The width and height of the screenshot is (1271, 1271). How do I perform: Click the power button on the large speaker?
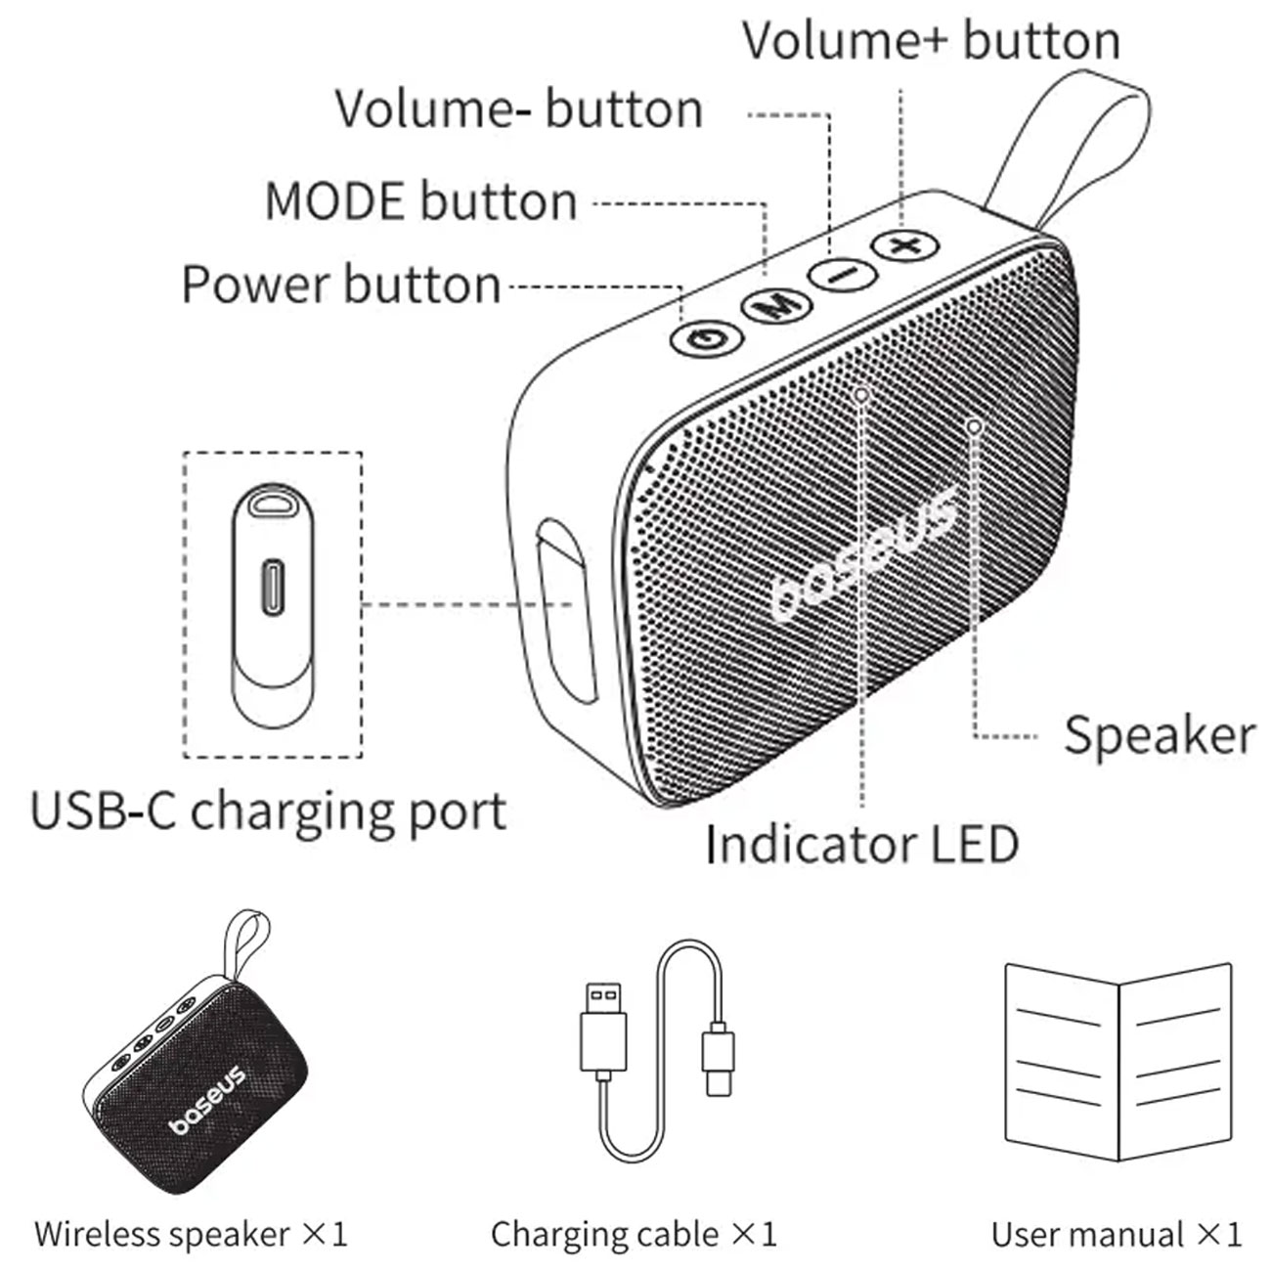pyautogui.click(x=706, y=338)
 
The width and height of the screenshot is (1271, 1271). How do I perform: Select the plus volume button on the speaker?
pyautogui.click(x=905, y=243)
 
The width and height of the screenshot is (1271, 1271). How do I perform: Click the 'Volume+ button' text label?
pyautogui.click(x=931, y=41)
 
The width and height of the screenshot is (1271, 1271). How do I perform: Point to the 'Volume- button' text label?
pyautogui.click(x=519, y=109)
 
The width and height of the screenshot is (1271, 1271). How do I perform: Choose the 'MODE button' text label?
pyautogui.click(x=421, y=201)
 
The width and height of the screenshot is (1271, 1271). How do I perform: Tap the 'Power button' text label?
pyautogui.click(x=341, y=285)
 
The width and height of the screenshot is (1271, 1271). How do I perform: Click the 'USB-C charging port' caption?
pyautogui.click(x=269, y=811)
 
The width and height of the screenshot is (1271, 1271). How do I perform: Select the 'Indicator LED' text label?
pyautogui.click(x=861, y=844)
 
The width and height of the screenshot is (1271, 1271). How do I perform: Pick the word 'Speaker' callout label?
pyautogui.click(x=1159, y=735)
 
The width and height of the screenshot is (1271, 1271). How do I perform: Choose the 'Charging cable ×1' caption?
pyautogui.click(x=634, y=1234)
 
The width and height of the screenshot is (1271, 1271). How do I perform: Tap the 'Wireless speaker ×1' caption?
pyautogui.click(x=191, y=1234)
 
